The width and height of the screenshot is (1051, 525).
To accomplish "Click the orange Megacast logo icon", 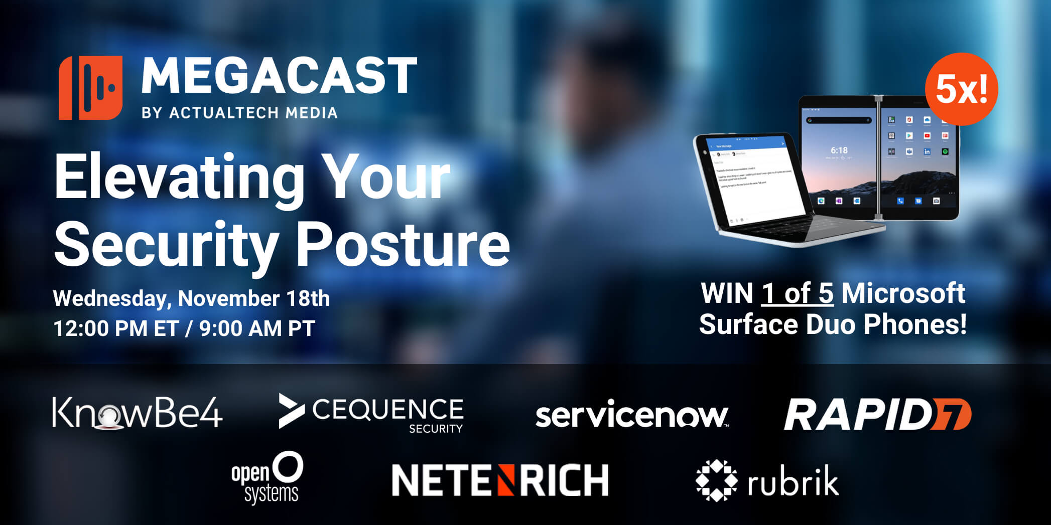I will (x=90, y=88).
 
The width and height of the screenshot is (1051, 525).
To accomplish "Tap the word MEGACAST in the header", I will (x=279, y=76).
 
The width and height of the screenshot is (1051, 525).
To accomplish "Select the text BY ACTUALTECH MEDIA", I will (x=239, y=113).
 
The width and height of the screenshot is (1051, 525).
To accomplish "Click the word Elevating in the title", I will (x=180, y=178).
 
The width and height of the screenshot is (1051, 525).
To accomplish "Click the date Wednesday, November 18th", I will (x=191, y=298).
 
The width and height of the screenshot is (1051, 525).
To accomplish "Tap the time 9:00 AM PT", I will (x=257, y=329).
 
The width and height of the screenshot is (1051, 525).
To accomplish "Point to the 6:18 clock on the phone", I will (x=839, y=150).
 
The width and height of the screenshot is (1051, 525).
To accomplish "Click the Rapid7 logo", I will (x=877, y=415).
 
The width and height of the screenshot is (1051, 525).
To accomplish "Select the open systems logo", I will (x=267, y=478).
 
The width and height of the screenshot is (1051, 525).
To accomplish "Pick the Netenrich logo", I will (x=499, y=480).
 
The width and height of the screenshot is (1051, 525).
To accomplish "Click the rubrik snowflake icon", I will (x=716, y=480).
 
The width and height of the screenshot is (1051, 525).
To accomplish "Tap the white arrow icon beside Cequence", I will (x=291, y=411).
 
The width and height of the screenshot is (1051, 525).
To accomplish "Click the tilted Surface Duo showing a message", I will (x=758, y=186).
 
